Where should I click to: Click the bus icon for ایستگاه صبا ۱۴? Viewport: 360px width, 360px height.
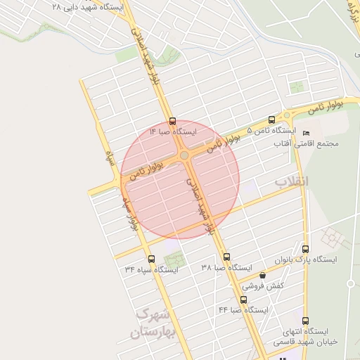(x=173, y=121)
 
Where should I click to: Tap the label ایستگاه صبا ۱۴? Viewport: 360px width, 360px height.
(x=173, y=131)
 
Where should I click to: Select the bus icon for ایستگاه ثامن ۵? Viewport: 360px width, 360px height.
(x=272, y=120)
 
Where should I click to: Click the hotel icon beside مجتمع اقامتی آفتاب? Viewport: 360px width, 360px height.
(x=305, y=133)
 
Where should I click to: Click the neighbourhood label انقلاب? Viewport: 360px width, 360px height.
(x=291, y=182)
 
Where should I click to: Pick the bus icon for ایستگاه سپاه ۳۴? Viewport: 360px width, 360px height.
(x=152, y=258)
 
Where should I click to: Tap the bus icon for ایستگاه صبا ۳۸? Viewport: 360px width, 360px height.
(x=226, y=257)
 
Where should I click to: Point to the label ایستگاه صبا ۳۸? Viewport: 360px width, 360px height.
(x=226, y=268)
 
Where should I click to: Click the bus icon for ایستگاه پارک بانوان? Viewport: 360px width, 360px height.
(x=305, y=248)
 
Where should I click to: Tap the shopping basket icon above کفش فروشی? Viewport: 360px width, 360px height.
(x=263, y=276)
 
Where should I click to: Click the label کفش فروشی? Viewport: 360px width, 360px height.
(x=263, y=286)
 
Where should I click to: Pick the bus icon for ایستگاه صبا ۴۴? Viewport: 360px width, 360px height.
(x=243, y=299)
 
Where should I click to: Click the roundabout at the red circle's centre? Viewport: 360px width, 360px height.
(x=184, y=155)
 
